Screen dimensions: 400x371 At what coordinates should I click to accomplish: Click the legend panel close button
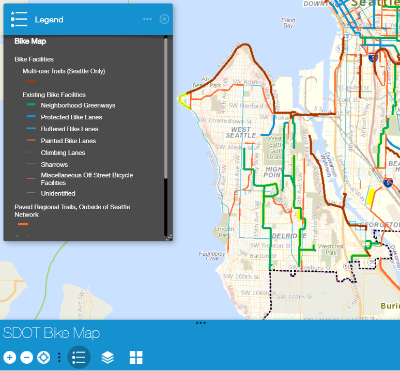[x=164, y=19]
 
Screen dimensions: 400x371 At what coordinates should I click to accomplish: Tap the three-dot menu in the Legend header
[x=147, y=19]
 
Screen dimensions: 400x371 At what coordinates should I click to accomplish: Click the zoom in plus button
[x=10, y=357]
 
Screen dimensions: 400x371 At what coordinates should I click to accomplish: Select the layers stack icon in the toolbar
[x=107, y=357]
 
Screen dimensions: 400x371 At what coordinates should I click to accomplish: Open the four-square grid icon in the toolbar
[x=136, y=357]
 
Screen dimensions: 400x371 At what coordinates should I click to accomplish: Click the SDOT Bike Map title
[x=52, y=333]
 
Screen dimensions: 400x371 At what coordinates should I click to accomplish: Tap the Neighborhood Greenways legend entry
[x=78, y=105]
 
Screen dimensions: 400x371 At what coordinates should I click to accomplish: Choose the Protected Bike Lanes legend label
[x=71, y=117]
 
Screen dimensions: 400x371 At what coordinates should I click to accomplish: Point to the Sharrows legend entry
[x=54, y=165]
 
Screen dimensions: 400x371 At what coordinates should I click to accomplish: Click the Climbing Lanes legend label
[x=63, y=153]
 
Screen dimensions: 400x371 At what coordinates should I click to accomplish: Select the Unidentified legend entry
[x=58, y=194]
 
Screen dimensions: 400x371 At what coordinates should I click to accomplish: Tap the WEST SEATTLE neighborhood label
[x=241, y=132]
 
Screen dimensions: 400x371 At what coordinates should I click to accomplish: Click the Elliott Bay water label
[x=288, y=23]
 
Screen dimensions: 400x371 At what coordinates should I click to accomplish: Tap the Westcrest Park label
[x=331, y=250]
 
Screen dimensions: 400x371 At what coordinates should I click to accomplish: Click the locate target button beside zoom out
[x=44, y=357]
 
